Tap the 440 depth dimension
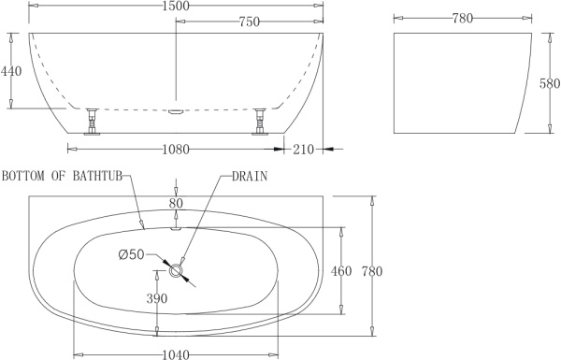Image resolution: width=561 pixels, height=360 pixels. point(11,70)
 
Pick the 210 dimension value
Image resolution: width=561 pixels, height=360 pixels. point(302,150)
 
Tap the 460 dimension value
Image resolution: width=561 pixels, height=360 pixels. point(340,272)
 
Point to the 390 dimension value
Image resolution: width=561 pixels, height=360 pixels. point(156,299)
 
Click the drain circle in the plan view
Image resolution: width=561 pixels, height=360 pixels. point(177,269)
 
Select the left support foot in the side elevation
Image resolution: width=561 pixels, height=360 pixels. point(93,122)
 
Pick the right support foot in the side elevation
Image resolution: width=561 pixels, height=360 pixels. point(260,122)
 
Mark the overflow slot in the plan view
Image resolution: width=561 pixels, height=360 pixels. point(176,225)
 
